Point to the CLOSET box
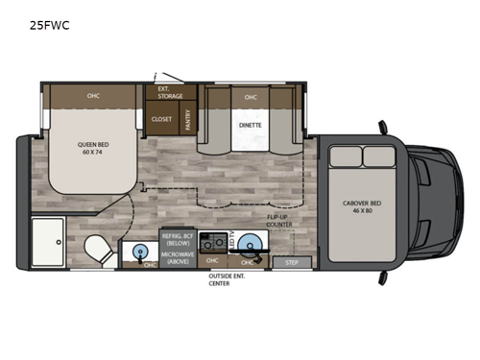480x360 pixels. (161, 119)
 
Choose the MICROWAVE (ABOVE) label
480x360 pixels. (179, 256)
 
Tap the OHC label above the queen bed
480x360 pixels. (93, 95)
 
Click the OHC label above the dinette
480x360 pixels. (251, 97)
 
